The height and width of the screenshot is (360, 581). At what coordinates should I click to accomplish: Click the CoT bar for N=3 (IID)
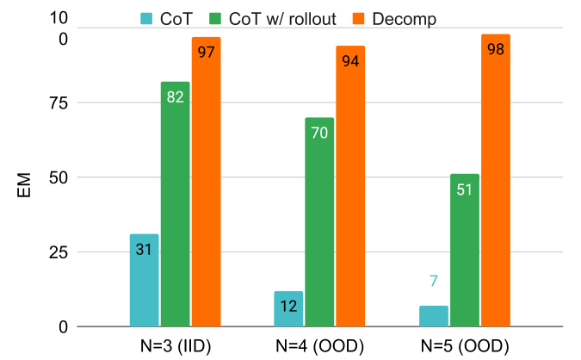tap(144, 281)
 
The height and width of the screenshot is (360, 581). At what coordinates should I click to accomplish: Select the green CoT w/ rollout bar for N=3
tap(175, 204)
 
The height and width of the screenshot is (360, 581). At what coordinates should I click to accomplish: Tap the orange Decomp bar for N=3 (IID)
tap(206, 183)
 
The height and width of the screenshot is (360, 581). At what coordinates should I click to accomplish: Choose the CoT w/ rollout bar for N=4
tap(319, 222)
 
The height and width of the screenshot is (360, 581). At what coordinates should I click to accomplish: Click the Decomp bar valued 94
tap(350, 186)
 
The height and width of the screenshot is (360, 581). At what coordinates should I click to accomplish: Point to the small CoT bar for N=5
tap(433, 316)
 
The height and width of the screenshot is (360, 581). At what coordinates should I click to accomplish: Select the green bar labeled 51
tap(464, 251)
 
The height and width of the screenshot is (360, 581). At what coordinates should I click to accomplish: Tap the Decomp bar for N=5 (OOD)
tap(495, 181)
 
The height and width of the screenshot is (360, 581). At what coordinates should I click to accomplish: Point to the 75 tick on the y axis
tap(59, 103)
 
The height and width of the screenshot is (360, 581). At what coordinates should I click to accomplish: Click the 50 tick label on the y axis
tap(59, 177)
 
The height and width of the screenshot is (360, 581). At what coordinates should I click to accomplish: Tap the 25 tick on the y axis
tap(59, 252)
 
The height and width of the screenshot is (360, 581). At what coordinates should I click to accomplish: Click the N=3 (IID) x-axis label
tap(175, 346)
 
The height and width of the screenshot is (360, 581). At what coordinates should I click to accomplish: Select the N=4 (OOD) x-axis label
tap(319, 346)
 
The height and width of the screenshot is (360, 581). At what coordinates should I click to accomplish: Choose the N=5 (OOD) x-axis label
tap(464, 346)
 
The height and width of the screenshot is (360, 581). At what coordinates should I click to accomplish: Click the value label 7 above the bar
tap(433, 282)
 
